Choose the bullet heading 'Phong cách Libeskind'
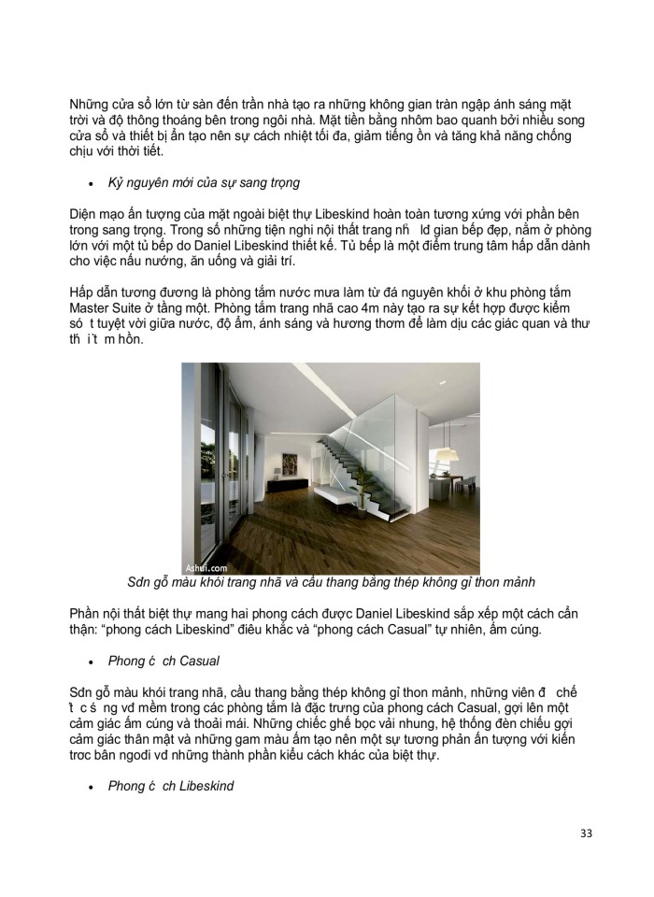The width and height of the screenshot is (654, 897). (x=170, y=786)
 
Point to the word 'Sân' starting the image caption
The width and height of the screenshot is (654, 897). (x=125, y=582)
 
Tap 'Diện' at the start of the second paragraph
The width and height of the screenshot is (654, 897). (x=86, y=211)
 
